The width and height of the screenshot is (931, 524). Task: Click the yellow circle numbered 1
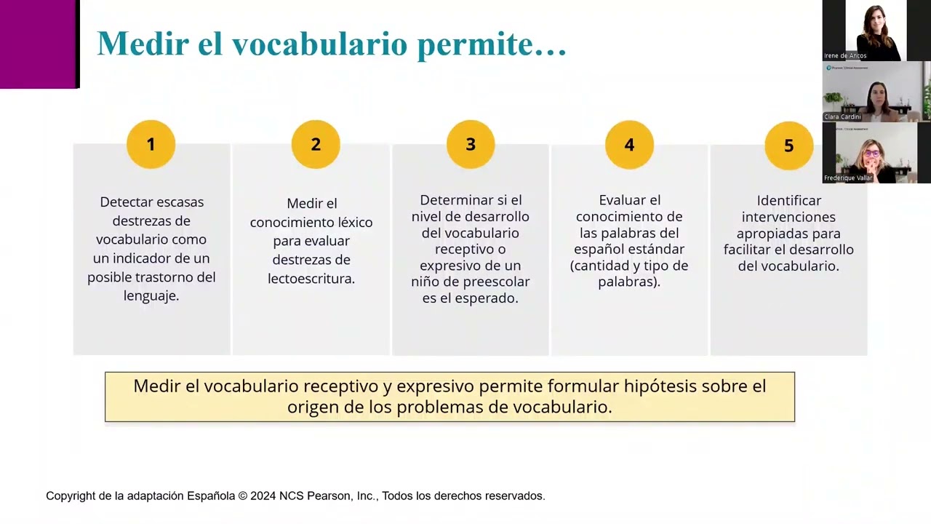click(x=151, y=144)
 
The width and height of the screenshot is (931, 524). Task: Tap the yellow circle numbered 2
click(x=316, y=144)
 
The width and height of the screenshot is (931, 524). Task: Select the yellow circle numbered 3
click(x=471, y=144)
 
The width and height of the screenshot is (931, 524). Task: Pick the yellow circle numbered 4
click(x=629, y=144)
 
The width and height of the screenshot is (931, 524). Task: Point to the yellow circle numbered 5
click(x=788, y=146)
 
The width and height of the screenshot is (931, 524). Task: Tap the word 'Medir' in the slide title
click(x=143, y=44)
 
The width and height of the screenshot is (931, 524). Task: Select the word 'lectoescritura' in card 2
click(x=311, y=278)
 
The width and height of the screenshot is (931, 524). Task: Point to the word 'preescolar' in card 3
click(x=499, y=281)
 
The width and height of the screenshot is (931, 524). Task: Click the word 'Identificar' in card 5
click(x=789, y=200)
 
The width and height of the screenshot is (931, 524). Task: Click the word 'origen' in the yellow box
click(x=311, y=407)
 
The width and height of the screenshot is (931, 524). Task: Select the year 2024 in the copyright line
click(x=263, y=496)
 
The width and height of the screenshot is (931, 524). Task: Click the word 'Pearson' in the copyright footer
click(x=327, y=496)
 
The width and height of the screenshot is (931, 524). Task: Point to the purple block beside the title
click(x=38, y=44)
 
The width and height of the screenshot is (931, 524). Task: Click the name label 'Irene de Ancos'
click(x=845, y=55)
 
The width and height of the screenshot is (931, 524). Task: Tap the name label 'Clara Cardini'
click(x=842, y=116)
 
